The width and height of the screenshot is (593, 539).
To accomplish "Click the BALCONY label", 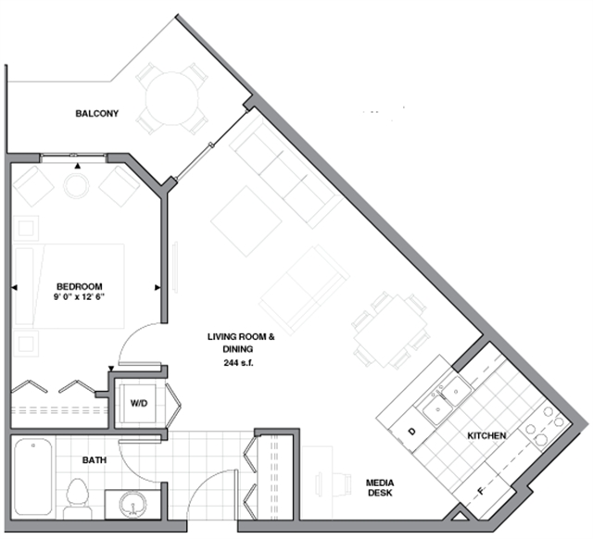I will [x=96, y=114].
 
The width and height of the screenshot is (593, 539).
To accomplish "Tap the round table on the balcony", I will [x=171, y=96].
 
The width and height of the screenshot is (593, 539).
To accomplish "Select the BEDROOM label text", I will [x=79, y=286].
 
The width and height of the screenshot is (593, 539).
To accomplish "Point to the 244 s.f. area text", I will [x=241, y=363].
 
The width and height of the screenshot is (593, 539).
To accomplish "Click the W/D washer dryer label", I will [x=138, y=404].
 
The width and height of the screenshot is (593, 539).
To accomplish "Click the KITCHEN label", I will [x=486, y=435].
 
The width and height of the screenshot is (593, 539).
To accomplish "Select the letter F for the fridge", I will [x=479, y=491].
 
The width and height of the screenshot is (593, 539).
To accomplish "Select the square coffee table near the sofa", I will [x=246, y=221].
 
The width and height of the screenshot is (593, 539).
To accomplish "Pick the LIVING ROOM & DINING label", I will [x=241, y=343].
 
